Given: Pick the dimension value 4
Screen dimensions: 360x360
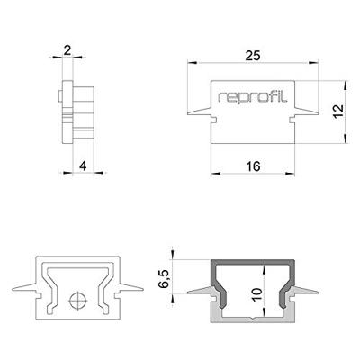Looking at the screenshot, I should click(82, 165).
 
